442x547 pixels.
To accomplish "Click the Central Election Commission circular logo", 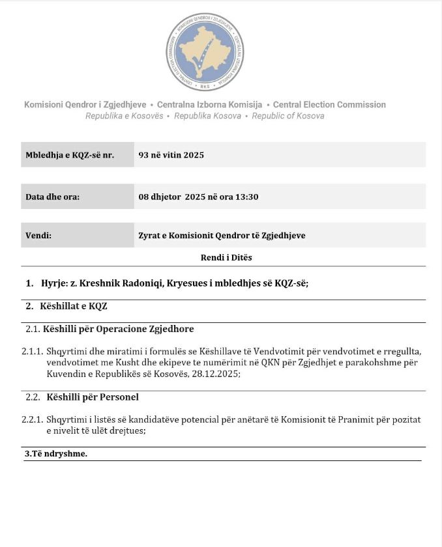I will pyautogui.click(x=205, y=51).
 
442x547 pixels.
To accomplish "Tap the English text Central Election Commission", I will pyautogui.click(x=329, y=105).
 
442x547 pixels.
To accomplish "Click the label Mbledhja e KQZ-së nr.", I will pyautogui.click(x=70, y=155).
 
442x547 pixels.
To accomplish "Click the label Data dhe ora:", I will pyautogui.click(x=53, y=197).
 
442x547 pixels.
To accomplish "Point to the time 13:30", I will pyautogui.click(x=248, y=197).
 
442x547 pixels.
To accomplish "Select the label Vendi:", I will pyautogui.click(x=38, y=236).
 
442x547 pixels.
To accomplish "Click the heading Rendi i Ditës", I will pyautogui.click(x=226, y=257).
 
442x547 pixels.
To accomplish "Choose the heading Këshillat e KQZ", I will pyautogui.click(x=74, y=306).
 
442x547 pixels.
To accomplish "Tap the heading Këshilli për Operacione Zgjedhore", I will pyautogui.click(x=120, y=329).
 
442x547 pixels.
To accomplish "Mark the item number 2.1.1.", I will pyautogui.click(x=32, y=352).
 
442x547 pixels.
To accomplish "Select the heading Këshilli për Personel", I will pyautogui.click(x=93, y=397).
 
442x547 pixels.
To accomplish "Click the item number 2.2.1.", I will pyautogui.click(x=32, y=420).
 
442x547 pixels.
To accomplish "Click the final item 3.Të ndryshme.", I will pyautogui.click(x=56, y=453).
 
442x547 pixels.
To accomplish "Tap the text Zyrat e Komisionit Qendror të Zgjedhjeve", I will pyautogui.click(x=222, y=236).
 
